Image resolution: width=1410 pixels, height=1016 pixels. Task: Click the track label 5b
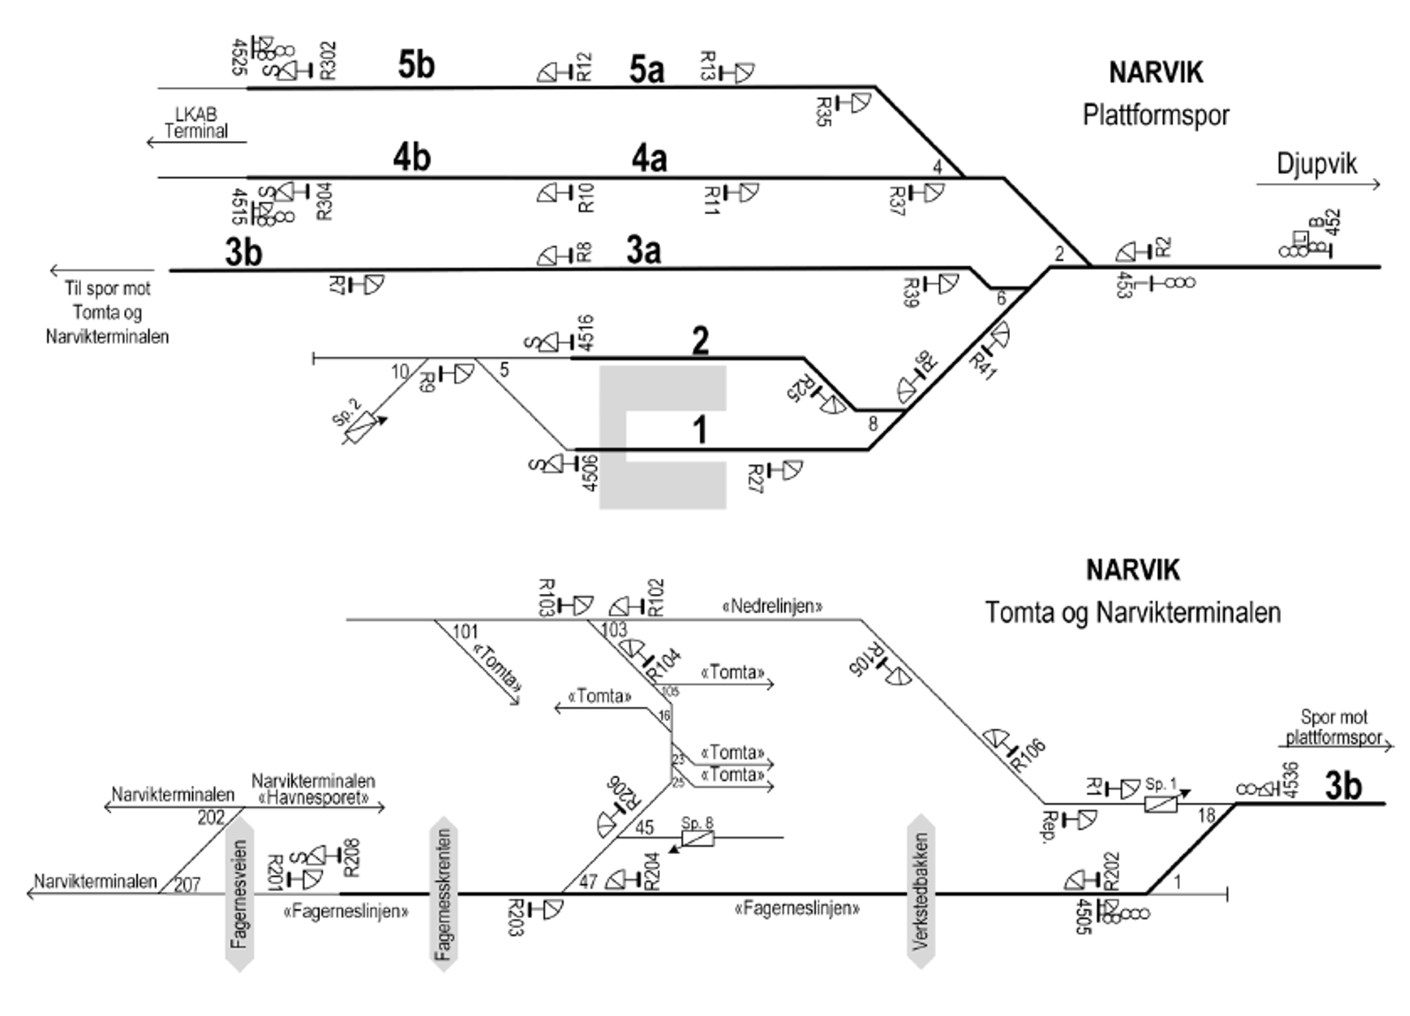[x=416, y=64]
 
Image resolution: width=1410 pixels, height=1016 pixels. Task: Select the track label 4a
[x=649, y=159]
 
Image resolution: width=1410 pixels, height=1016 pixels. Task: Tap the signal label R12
[x=583, y=67]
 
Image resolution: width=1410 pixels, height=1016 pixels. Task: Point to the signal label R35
[x=823, y=111]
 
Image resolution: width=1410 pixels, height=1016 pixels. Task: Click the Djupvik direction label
[x=1317, y=164]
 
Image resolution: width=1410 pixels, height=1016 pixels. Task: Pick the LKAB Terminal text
[x=196, y=123]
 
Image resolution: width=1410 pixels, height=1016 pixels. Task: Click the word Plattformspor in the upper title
[x=1155, y=115]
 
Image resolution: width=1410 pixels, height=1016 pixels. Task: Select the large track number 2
[x=701, y=340]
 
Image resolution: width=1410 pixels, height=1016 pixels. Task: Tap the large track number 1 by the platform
[x=701, y=431]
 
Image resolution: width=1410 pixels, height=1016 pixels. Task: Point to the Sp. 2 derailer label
[x=346, y=412]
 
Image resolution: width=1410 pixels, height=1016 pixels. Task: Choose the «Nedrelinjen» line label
[x=772, y=606]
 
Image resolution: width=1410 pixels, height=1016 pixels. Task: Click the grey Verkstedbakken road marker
[x=921, y=892]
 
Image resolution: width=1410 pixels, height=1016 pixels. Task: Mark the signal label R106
[x=1028, y=754]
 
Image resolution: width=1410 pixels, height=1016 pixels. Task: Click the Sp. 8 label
[x=697, y=823]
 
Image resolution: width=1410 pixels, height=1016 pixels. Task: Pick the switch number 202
[x=211, y=818]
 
